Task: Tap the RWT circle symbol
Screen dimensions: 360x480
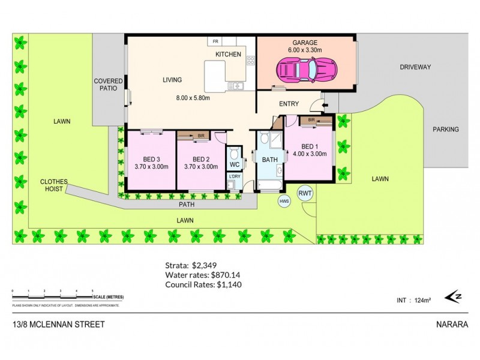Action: pyautogui.click(x=305, y=193)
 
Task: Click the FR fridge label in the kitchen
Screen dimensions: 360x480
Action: pyautogui.click(x=214, y=42)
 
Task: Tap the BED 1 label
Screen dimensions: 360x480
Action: pyautogui.click(x=310, y=146)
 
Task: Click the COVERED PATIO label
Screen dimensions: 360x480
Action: pyautogui.click(x=108, y=85)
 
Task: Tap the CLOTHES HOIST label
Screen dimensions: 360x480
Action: pyautogui.click(x=54, y=185)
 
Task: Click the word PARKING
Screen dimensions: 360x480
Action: pyautogui.click(x=445, y=129)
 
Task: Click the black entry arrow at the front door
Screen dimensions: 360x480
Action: pyautogui.click(x=325, y=107)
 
